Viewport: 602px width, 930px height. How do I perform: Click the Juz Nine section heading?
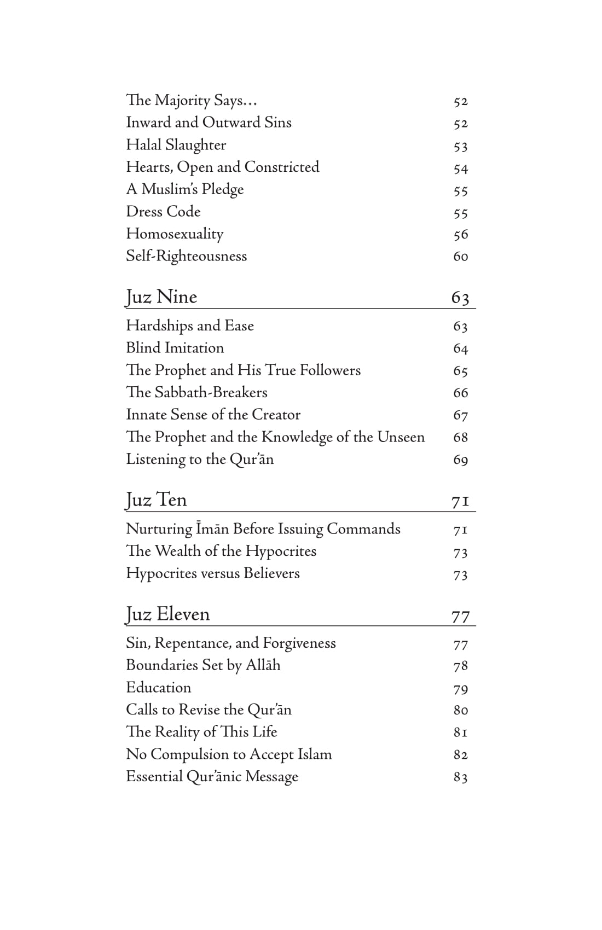(161, 297)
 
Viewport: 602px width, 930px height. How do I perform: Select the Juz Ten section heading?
(157, 500)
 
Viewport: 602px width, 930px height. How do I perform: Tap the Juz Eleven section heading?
(167, 614)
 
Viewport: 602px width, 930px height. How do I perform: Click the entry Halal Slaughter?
(176, 145)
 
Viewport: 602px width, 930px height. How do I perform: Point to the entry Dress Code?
(163, 212)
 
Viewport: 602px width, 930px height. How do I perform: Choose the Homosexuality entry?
(175, 234)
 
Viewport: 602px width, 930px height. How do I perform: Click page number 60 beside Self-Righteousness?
(460, 257)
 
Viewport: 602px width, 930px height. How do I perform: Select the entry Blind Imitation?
(175, 348)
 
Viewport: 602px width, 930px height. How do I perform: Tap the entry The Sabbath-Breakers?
(196, 392)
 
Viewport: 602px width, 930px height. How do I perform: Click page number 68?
(460, 437)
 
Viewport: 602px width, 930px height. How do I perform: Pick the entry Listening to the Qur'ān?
(200, 459)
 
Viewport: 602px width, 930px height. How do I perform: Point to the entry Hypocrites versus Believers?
(212, 573)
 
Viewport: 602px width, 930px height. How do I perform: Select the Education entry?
(158, 688)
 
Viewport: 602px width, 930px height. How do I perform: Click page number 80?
(460, 710)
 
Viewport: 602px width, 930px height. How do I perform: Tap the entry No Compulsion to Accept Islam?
(229, 754)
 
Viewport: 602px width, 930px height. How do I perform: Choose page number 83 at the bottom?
(460, 777)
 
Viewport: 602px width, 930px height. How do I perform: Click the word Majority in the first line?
(182, 101)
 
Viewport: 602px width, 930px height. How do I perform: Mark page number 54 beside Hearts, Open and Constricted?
(460, 169)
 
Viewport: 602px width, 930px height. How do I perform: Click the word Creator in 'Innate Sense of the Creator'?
(276, 415)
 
